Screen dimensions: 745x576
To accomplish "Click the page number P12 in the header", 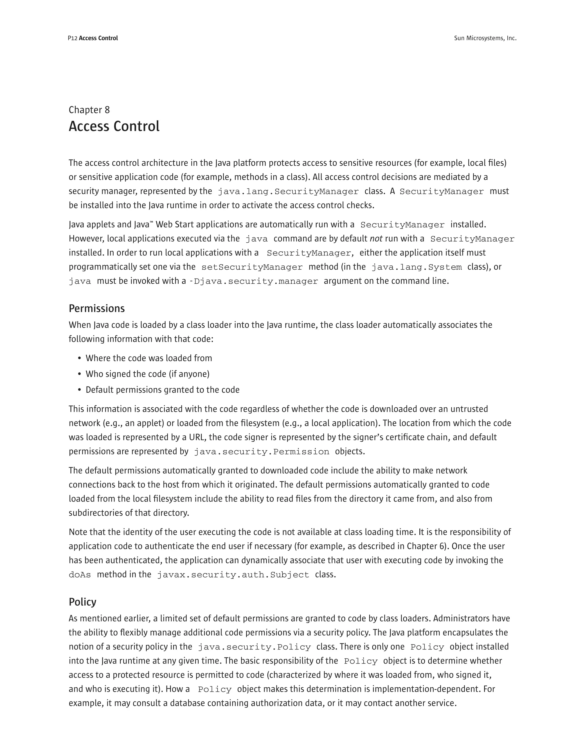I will coord(73,38).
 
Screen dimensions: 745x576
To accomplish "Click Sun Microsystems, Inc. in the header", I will coord(485,38).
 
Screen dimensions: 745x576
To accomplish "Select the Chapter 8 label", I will coord(89,110).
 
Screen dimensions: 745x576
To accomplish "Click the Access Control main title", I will coord(114,126).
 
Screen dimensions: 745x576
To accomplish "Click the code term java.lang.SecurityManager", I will coord(288,192).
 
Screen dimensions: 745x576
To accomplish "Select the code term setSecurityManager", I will coord(252,267).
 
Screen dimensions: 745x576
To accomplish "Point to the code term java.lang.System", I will coord(416,267).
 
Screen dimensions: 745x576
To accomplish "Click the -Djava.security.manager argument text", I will coord(253,281).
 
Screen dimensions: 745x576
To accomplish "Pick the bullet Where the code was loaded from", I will coord(148,358).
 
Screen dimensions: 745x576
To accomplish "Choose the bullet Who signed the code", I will coord(147,374).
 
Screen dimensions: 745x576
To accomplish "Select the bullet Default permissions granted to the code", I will coord(163,390).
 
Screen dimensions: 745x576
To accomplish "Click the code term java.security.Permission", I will coord(261,452).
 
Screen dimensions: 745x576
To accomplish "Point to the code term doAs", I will coord(80,575).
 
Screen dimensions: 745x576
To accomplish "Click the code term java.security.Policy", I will coord(254,647).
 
